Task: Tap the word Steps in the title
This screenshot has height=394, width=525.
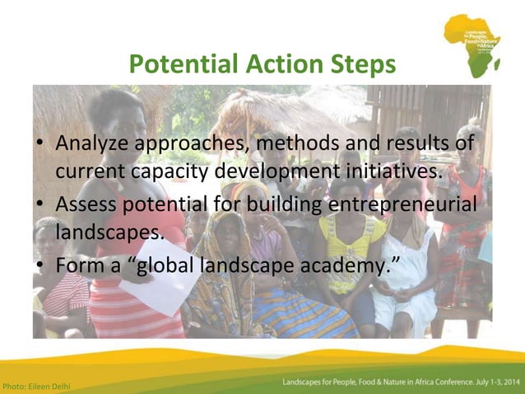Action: coord(360,64)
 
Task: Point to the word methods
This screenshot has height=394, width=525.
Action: coord(308,145)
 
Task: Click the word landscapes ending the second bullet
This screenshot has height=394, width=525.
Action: coord(109,233)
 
